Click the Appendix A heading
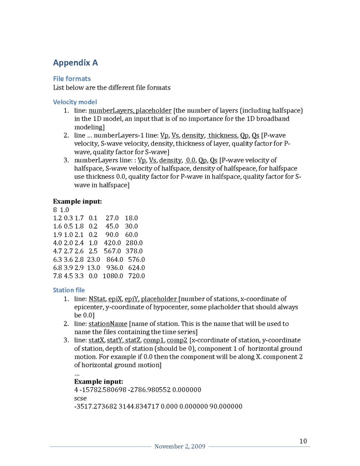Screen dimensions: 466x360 (x=76, y=63)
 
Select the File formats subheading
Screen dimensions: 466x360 (x=72, y=78)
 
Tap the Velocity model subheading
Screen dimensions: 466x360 (x=75, y=102)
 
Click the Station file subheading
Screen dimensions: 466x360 (x=69, y=290)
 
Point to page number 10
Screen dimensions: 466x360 (x=303, y=441)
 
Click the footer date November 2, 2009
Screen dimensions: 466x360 (x=176, y=447)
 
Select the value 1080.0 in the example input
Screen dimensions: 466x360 (x=112, y=276)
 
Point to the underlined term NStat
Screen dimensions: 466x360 (x=97, y=299)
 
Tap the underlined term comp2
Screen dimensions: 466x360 (x=177, y=340)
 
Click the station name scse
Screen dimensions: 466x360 (x=81, y=398)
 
